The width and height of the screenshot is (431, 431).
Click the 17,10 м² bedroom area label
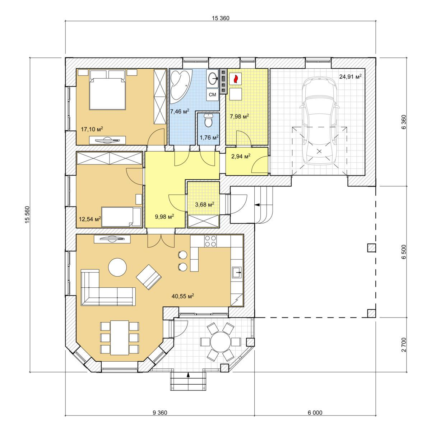click(92, 129)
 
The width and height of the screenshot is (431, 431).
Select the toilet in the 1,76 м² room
click(208, 120)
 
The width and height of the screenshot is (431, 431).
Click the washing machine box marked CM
click(212, 94)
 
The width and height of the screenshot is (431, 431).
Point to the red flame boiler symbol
click(235, 79)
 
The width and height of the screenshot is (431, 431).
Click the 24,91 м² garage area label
click(351, 77)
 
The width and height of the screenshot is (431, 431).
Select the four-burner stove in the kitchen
click(210, 241)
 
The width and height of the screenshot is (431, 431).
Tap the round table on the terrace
click(221, 342)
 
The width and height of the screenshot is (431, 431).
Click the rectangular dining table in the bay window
click(120, 338)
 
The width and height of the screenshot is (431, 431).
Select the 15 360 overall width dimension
click(221, 18)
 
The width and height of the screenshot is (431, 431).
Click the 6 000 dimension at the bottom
click(315, 412)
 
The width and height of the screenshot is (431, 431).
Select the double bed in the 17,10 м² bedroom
click(107, 90)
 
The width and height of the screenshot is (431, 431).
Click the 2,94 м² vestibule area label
click(241, 156)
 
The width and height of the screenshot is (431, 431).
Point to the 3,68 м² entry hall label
click(205, 204)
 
